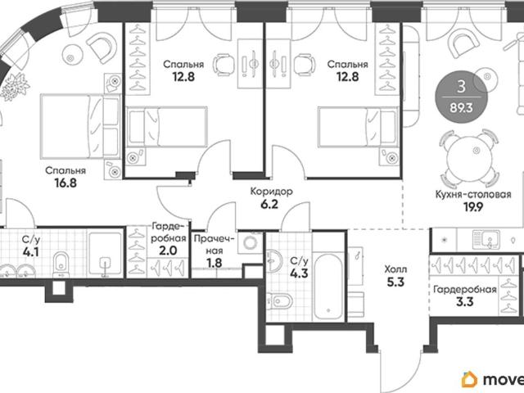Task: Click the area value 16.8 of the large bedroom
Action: tap(66, 183)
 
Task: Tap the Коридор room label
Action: tap(272, 192)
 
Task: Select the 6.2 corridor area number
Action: tap(269, 204)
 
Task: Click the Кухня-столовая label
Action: tap(473, 195)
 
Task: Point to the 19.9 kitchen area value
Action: tap(473, 207)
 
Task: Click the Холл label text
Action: tap(395, 269)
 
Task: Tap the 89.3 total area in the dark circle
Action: tap(461, 108)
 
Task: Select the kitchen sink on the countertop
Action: tap(486, 239)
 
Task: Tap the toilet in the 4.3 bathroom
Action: tap(278, 301)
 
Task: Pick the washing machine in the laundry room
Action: tap(250, 243)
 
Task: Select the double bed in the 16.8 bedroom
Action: tap(80, 126)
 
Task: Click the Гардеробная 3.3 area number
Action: tap(464, 302)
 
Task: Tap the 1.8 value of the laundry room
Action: tap(214, 263)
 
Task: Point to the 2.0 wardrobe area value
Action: tap(168, 251)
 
